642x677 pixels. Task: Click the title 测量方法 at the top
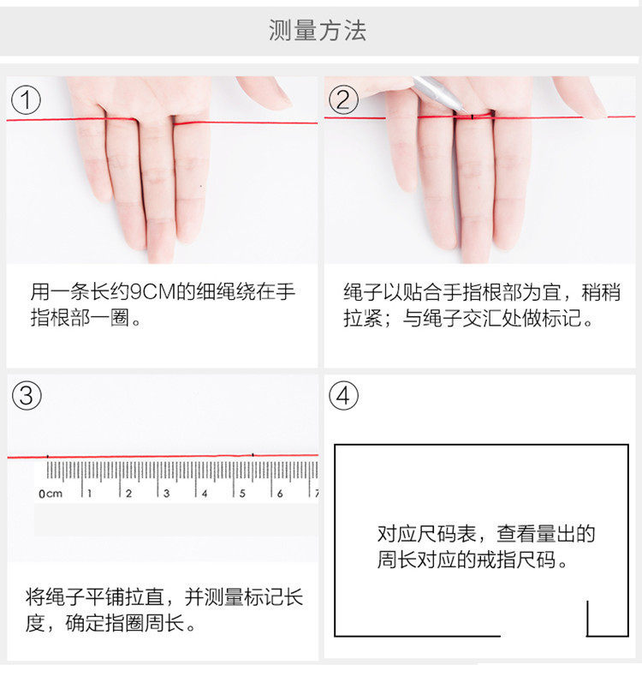point(318,30)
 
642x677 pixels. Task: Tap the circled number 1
point(26,99)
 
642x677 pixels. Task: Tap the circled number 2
point(343,99)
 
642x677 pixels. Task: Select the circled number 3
point(27,395)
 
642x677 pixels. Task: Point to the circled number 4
point(343,395)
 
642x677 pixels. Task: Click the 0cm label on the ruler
point(51,494)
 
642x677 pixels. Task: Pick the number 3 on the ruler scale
point(166,493)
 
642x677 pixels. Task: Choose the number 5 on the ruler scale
point(242,493)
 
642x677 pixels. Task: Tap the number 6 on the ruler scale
point(280,493)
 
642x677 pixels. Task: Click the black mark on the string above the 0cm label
point(47,456)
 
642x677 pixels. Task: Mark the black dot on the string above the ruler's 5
point(253,455)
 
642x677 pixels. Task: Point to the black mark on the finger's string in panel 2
point(473,117)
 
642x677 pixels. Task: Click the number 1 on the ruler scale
point(90,493)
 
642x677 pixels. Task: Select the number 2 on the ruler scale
point(128,493)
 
